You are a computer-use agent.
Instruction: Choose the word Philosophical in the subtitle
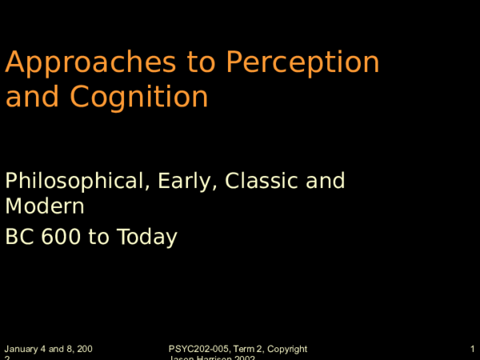72,182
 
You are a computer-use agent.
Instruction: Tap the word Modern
45,207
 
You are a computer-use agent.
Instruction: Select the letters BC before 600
20,238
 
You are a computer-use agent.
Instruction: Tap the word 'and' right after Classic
324,181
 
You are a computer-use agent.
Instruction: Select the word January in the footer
22,350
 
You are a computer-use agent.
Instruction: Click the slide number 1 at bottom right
474,350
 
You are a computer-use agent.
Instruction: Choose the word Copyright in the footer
287,350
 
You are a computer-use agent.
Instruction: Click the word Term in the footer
244,350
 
